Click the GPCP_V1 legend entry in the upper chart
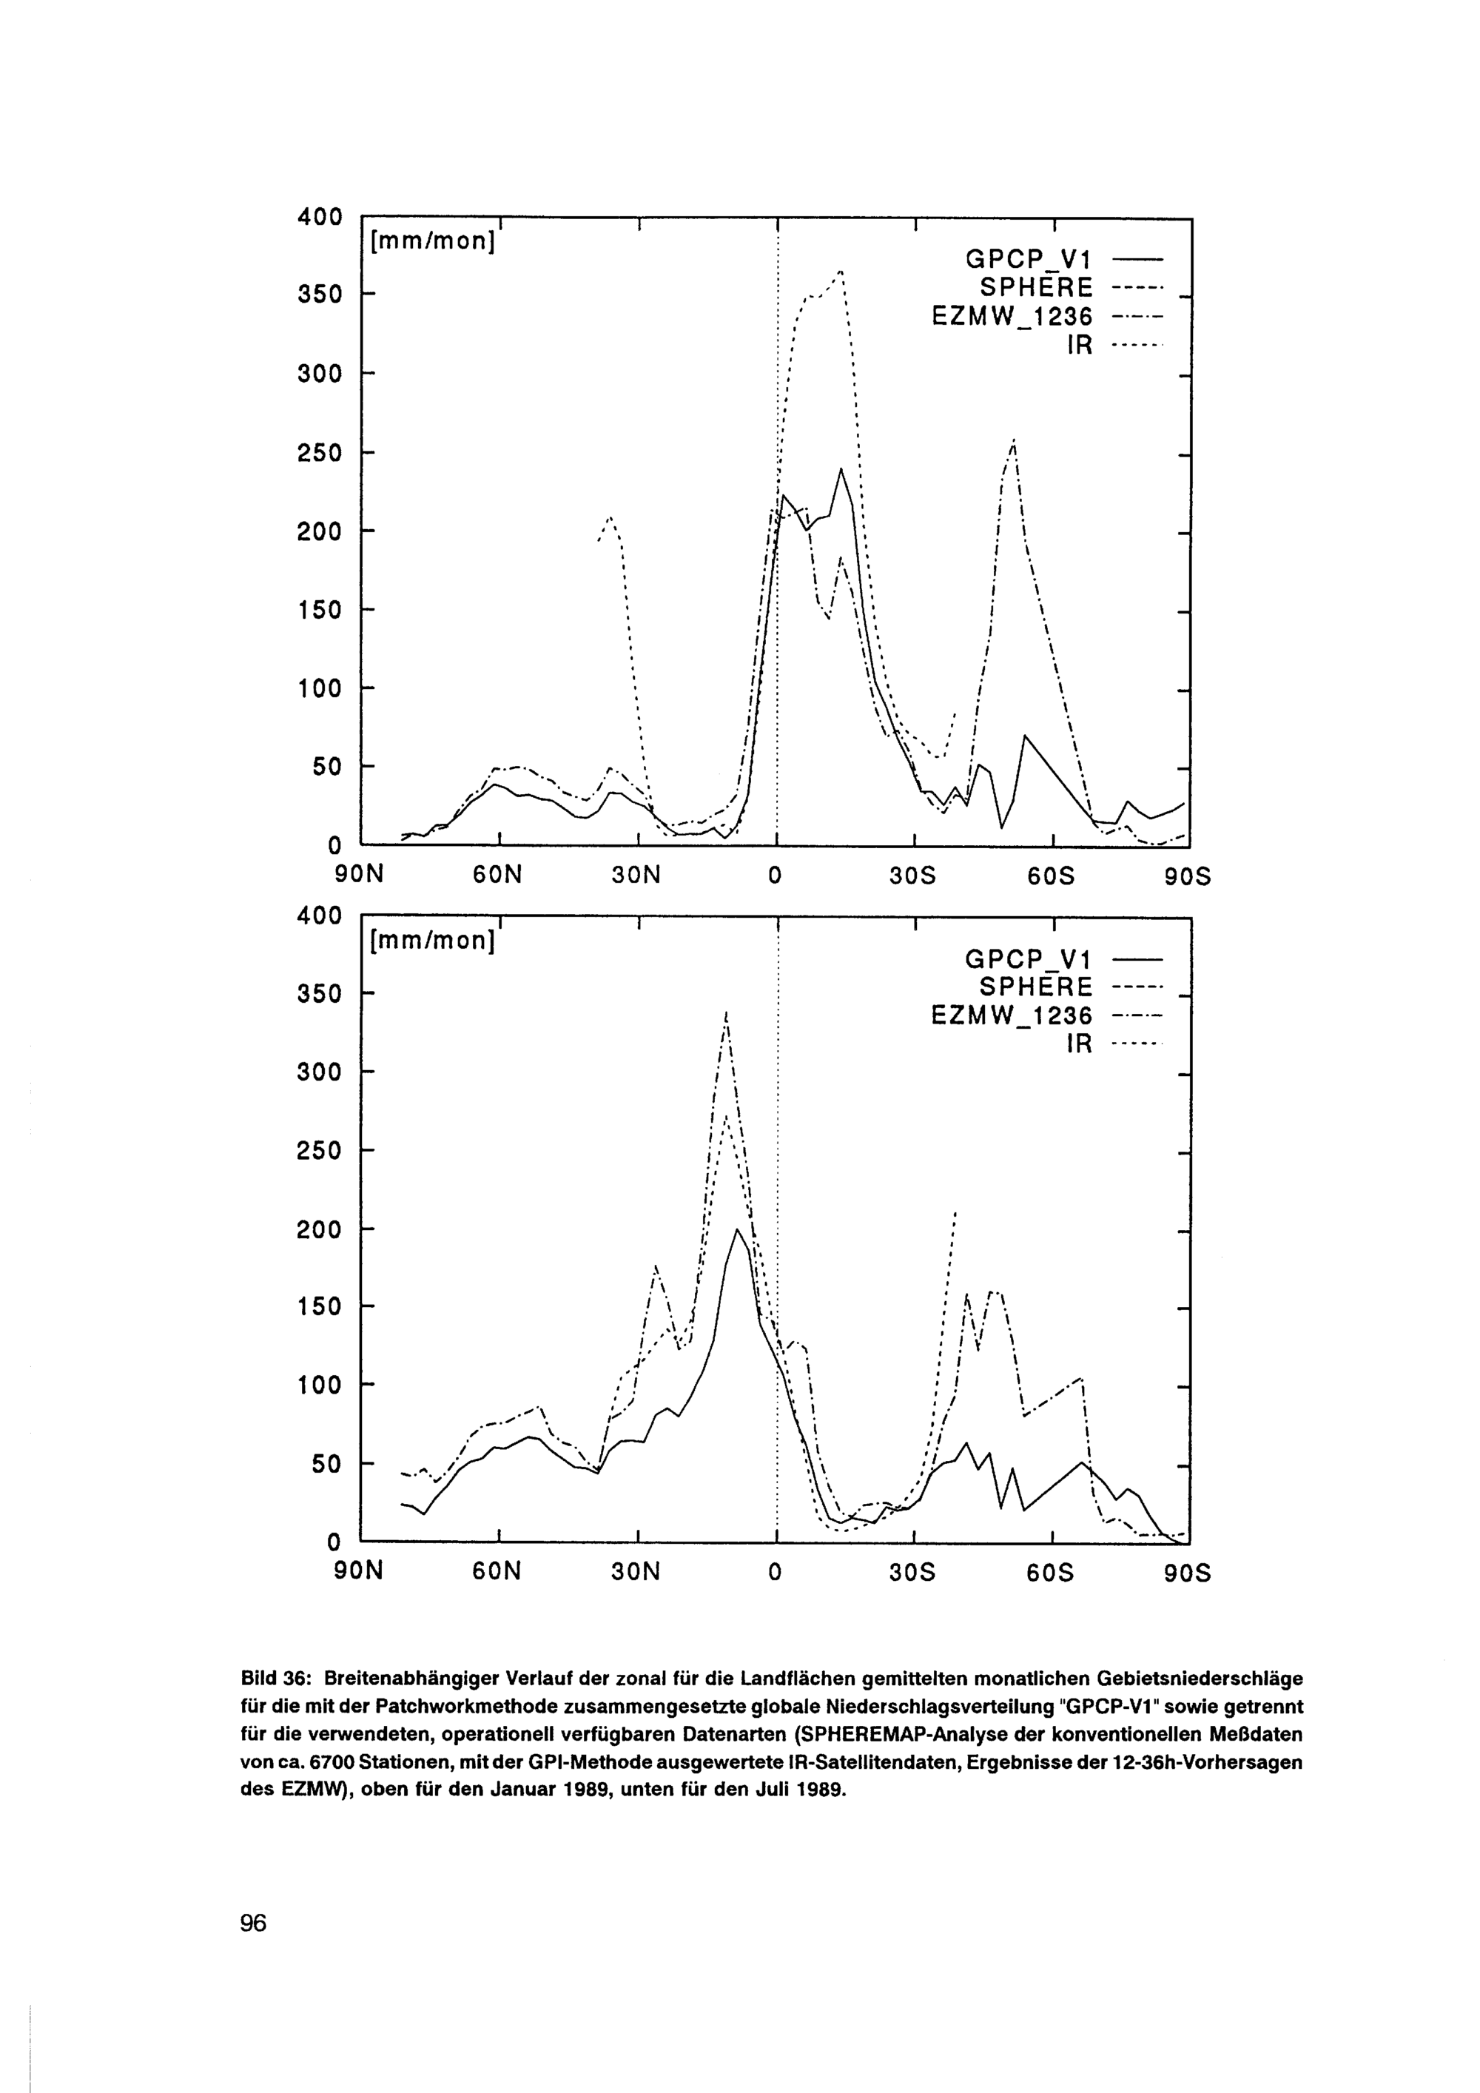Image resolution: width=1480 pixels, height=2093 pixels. pyautogui.click(x=1027, y=261)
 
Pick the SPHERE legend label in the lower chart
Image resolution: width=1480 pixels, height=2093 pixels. pyautogui.click(x=1035, y=987)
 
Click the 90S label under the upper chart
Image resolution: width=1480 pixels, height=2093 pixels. pyautogui.click(x=1188, y=877)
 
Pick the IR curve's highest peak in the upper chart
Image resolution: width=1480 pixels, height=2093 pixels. pyautogui.click(x=841, y=271)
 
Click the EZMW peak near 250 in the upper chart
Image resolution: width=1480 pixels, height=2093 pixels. pyautogui.click(x=1013, y=441)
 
